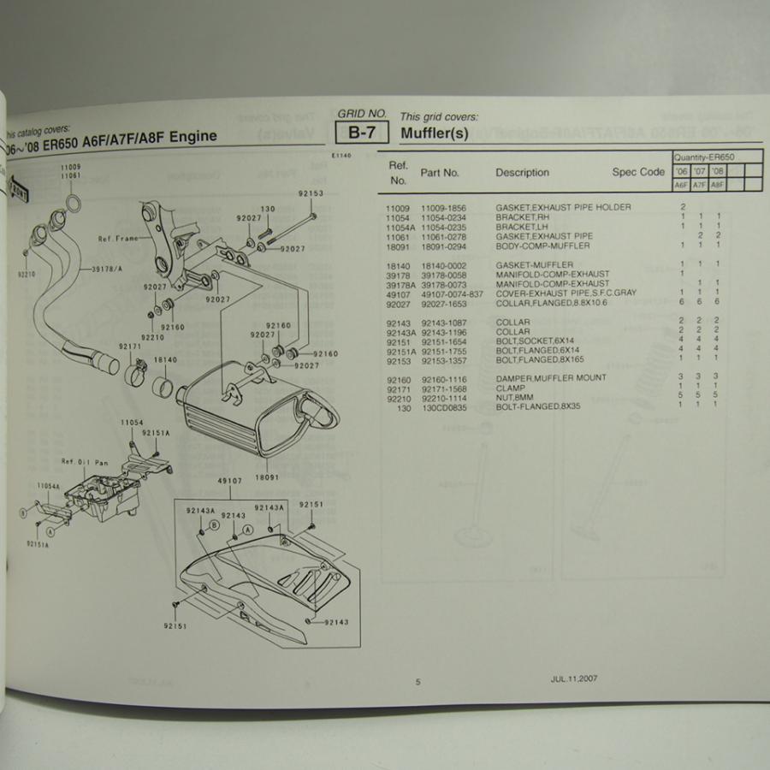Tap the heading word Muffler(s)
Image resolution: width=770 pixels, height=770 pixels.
coord(435,133)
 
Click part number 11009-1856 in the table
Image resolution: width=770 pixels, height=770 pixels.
coord(445,208)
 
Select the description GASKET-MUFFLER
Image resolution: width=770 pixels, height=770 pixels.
coord(534,265)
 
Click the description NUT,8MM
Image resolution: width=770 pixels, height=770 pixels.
coord(513,396)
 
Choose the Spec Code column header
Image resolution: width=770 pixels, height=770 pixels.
coord(637,172)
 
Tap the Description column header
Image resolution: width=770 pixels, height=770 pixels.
coord(522,173)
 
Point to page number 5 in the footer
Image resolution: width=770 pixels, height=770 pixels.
coord(418,682)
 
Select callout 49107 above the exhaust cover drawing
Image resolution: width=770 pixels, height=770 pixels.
coord(229,481)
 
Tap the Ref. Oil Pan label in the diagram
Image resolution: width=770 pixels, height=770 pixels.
coord(85,462)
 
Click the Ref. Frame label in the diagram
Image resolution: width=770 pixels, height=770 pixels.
coord(119,239)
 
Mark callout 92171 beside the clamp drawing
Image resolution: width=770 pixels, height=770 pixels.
coord(130,346)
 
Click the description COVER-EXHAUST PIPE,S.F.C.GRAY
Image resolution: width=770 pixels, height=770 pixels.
coord(566,293)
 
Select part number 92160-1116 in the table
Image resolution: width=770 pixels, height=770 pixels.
coord(445,377)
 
